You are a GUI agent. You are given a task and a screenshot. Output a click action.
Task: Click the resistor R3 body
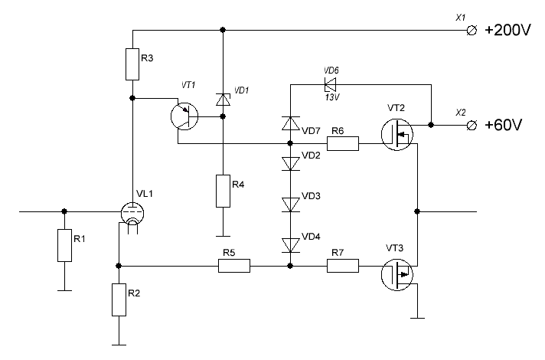(132, 64)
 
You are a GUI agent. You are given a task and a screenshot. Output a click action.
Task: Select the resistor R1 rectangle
(64, 245)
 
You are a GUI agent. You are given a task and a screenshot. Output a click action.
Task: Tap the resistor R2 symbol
(119, 299)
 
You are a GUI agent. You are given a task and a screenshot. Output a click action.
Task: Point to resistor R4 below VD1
(223, 191)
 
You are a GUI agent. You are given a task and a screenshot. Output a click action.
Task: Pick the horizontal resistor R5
(234, 266)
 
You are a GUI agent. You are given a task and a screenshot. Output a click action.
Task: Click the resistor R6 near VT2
(343, 143)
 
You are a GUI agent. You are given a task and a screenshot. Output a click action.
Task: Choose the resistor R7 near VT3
(343, 266)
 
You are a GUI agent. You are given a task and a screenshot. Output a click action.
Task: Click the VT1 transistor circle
(184, 116)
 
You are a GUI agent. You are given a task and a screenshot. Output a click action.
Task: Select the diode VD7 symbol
(290, 123)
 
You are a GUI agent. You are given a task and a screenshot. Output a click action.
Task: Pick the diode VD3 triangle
(290, 204)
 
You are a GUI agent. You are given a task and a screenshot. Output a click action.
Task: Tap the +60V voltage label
(506, 124)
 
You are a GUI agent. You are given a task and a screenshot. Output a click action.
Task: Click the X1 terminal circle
(472, 31)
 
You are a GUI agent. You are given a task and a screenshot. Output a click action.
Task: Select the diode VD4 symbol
(290, 244)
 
